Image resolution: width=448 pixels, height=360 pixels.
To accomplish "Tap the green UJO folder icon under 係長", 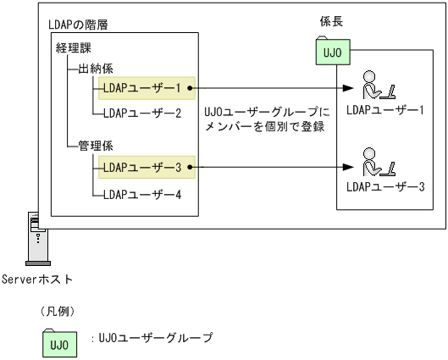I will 331,53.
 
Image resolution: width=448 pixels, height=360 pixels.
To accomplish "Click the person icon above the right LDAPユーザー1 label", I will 373,86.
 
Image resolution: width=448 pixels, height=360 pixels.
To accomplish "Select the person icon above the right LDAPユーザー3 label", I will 373,162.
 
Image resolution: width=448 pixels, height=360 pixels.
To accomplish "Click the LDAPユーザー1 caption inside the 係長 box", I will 384,111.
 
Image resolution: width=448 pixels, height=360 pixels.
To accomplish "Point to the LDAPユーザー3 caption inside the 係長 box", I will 384,187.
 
